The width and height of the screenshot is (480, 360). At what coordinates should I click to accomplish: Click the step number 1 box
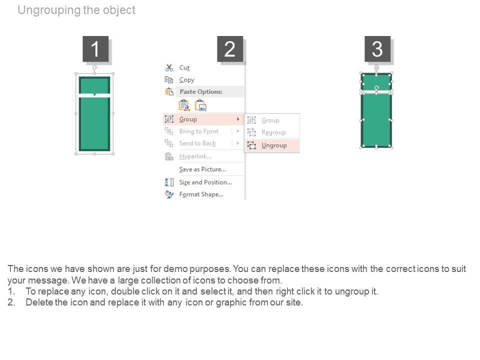(x=95, y=49)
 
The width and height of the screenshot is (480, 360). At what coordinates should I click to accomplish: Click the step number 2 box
(x=230, y=49)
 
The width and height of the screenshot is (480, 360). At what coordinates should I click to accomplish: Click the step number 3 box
(x=377, y=49)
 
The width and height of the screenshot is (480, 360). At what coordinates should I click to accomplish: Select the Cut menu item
(x=184, y=67)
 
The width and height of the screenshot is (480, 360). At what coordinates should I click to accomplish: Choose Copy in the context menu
(x=186, y=80)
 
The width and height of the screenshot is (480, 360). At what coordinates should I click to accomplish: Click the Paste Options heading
(x=201, y=91)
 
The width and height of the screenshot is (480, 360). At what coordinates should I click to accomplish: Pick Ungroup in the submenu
(x=274, y=145)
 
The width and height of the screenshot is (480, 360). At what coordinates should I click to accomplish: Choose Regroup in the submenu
(x=273, y=132)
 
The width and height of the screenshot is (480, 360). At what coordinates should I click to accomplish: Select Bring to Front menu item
(x=199, y=131)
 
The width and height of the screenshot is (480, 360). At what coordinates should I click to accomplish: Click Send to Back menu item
(x=197, y=143)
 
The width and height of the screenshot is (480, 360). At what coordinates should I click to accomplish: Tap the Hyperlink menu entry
(x=195, y=156)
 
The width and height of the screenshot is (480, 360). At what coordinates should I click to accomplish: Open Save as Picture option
(x=202, y=169)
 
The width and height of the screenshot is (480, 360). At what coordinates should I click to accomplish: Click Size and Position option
(x=205, y=182)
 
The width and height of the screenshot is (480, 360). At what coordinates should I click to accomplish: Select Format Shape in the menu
(x=201, y=194)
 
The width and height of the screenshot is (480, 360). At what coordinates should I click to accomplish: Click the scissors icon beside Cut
(x=169, y=67)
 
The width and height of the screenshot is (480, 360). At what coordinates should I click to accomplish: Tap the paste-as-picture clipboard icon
(x=201, y=105)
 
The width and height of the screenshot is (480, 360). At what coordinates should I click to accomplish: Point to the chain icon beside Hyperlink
(x=169, y=156)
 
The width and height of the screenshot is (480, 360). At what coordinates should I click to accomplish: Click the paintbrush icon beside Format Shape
(x=169, y=194)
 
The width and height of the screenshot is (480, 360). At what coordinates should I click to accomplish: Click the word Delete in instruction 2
(x=39, y=302)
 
